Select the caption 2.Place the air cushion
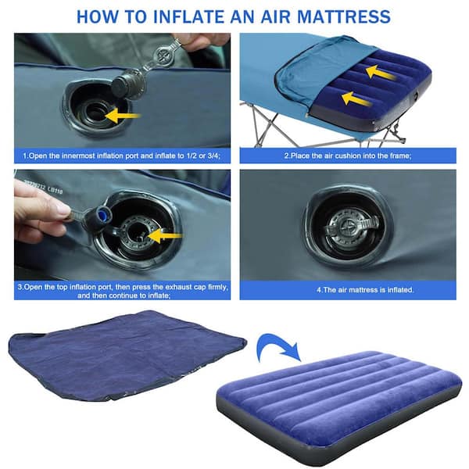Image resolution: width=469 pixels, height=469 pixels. pyautogui.click(x=347, y=156)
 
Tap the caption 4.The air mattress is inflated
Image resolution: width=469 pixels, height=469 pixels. pyautogui.click(x=347, y=289)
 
